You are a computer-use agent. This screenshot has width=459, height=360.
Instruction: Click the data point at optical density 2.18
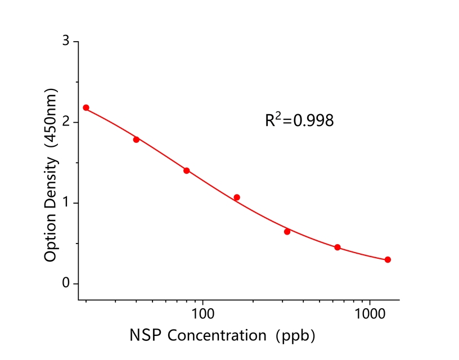86,107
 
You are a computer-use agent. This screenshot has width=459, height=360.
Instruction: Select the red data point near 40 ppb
136,139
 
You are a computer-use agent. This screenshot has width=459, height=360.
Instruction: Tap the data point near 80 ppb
186,170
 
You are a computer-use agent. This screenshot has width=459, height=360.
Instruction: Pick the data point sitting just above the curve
237,197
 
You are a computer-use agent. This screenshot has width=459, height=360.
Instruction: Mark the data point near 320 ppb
287,232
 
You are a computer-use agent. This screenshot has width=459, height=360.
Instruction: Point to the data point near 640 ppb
337,247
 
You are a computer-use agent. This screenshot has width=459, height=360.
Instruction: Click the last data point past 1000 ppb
388,260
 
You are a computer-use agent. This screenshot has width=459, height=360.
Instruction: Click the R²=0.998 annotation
299,120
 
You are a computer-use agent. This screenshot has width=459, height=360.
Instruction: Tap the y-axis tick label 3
66,42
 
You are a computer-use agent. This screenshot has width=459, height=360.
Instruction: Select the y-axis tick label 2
66,122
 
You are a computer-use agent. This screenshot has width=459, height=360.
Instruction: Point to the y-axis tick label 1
66,203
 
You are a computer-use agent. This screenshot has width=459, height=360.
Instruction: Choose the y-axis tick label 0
66,283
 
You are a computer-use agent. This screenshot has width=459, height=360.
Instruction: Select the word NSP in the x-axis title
145,336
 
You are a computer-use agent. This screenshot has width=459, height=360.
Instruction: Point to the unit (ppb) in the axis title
294,336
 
